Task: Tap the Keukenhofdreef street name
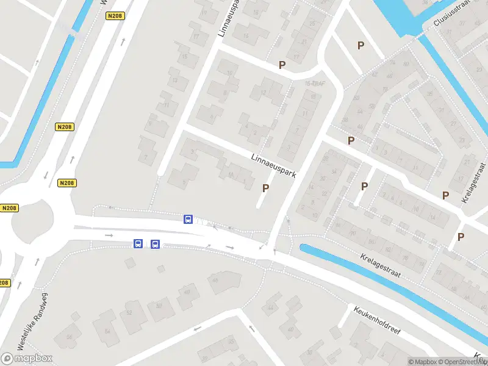[377, 319]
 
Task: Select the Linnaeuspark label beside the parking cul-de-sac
[273, 166]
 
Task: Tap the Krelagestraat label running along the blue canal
[380, 266]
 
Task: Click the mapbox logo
[27, 358]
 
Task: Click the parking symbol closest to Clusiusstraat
[361, 45]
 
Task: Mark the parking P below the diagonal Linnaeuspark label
[265, 188]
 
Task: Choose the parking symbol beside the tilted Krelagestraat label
[446, 195]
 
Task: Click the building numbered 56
[70, 337]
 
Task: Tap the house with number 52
[129, 312]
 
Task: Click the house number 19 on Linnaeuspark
[204, 12]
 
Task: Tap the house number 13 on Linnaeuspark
[176, 80]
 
